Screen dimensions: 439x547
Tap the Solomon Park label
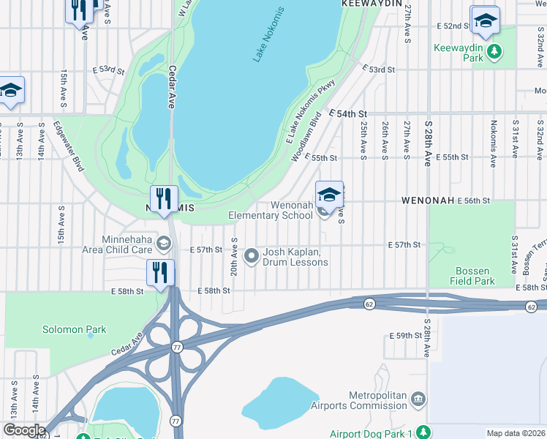pyautogui.click(x=74, y=329)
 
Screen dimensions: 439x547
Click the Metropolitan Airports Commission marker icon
pyautogui.click(x=418, y=399)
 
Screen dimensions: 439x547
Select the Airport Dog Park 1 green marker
pyautogui.click(x=421, y=432)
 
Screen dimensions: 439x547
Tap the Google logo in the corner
pyautogui.click(x=23, y=430)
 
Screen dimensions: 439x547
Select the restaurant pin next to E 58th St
pyautogui.click(x=159, y=272)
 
